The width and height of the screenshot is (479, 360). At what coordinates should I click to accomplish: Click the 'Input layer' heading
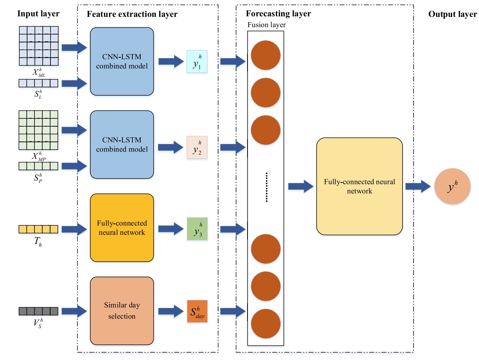(x=38, y=14)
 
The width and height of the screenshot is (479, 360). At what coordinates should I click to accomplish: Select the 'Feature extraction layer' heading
(x=132, y=15)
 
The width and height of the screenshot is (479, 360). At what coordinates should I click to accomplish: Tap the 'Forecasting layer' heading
(x=278, y=14)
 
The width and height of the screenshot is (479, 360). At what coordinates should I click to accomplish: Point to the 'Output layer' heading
(x=453, y=15)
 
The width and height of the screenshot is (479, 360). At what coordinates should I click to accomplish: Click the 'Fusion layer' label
(x=267, y=25)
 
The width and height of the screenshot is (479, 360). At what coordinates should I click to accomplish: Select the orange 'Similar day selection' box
(x=122, y=310)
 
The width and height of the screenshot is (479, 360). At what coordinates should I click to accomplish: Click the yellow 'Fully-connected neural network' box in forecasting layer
(x=359, y=186)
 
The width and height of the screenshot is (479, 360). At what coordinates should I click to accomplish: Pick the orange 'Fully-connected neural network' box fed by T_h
(x=122, y=227)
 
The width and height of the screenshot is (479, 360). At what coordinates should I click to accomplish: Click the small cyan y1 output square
(x=197, y=62)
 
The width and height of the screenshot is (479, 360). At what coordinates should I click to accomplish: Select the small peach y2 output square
(x=197, y=148)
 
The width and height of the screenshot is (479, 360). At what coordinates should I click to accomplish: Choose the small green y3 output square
(x=197, y=229)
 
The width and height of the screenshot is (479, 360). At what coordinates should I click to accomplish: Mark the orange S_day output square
(x=197, y=311)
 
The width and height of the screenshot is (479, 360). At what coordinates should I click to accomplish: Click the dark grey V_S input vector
(x=38, y=311)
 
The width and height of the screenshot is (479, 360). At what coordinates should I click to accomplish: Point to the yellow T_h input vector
(x=38, y=229)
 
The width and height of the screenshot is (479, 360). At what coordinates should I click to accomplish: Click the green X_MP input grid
(x=38, y=130)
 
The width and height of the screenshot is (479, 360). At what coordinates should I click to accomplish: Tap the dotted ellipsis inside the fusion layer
(x=267, y=187)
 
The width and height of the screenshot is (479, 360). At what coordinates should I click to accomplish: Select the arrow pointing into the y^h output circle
(x=418, y=186)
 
